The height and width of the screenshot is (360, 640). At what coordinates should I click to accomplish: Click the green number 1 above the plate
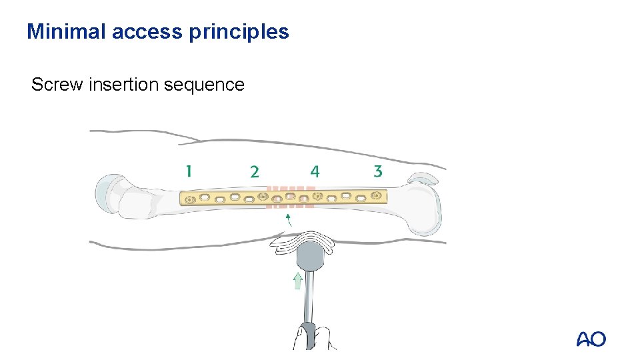tap(189, 171)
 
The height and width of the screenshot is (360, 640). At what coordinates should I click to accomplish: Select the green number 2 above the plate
tap(255, 172)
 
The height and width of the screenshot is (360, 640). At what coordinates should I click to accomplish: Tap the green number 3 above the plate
tap(378, 171)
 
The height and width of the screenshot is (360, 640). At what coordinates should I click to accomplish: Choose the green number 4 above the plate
tap(315, 172)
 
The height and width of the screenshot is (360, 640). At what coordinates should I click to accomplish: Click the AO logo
tap(591, 339)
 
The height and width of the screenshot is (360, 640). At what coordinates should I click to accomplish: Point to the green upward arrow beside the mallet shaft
tap(298, 281)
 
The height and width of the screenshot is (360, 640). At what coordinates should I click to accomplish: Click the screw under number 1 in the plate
tap(190, 199)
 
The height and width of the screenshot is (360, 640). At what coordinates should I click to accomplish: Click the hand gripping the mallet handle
tap(310, 337)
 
